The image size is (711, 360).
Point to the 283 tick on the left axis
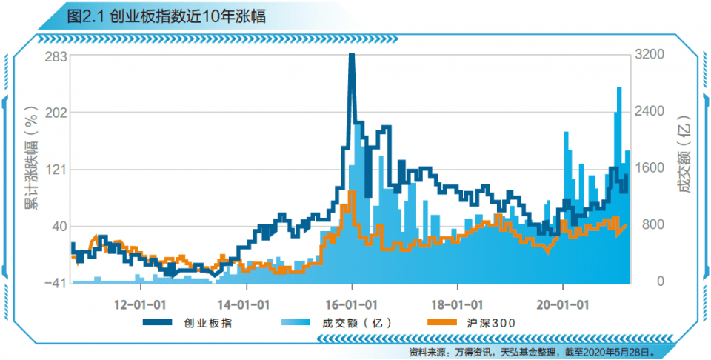(56, 56)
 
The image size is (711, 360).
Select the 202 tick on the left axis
(56, 113)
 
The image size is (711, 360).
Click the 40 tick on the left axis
(60, 226)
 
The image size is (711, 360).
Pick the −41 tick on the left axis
(56, 282)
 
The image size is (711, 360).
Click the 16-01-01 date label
(353, 304)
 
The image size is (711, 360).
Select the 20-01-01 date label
(563, 304)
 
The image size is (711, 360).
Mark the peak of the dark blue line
(352, 56)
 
